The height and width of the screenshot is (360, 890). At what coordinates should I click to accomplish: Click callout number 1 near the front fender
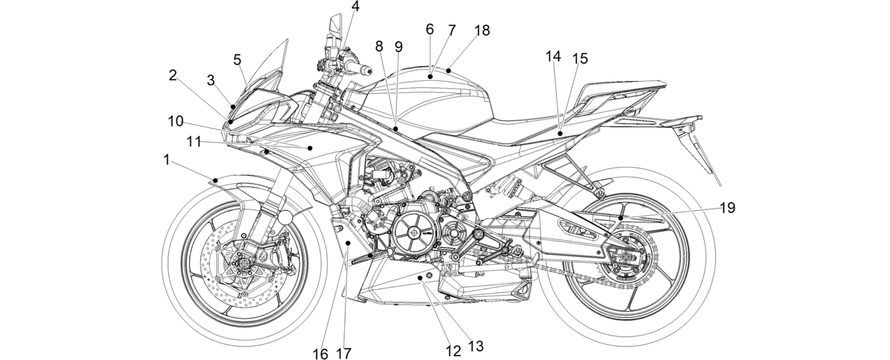[167, 160]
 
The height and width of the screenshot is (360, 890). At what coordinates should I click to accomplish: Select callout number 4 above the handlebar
[356, 7]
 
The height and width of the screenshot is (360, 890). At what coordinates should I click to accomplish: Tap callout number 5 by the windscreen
[237, 60]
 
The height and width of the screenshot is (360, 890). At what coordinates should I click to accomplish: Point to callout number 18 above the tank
[482, 30]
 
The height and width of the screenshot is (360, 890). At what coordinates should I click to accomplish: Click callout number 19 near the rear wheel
[728, 208]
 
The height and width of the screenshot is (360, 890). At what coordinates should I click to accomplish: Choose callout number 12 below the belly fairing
[453, 351]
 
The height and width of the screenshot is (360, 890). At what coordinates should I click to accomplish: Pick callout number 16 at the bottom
[321, 354]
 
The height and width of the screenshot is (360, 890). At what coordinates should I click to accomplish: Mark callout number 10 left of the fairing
[176, 121]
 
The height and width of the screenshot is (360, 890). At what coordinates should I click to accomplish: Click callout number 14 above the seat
[553, 56]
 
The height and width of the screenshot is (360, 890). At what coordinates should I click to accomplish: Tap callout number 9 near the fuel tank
[399, 47]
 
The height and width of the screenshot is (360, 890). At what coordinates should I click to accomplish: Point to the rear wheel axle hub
[626, 256]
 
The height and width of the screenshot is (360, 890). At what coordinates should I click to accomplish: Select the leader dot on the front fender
[215, 180]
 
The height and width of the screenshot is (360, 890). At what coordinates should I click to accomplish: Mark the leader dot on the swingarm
[621, 216]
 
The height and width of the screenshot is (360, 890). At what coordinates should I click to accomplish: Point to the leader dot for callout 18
[448, 71]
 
